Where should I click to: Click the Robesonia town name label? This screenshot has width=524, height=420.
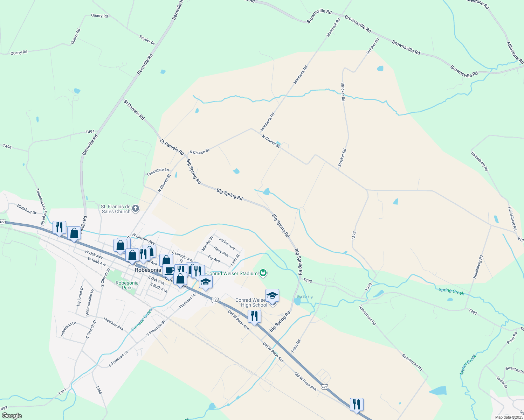[x=148, y=270]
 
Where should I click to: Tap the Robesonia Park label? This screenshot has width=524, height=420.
[x=127, y=285]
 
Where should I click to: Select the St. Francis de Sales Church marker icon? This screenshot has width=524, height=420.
[x=136, y=209]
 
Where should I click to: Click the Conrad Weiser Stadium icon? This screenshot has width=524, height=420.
[x=263, y=273]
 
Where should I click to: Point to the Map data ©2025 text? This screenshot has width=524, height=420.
[x=509, y=417]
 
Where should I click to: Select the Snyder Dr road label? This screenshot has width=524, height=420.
[x=147, y=40]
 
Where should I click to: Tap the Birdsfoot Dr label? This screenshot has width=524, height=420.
[x=27, y=209]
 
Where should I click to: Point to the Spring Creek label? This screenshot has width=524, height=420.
[x=451, y=292]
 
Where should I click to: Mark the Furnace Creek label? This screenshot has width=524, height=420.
[x=142, y=320]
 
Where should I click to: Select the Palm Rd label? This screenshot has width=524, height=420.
[x=296, y=346]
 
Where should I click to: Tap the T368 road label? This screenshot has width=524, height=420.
[x=99, y=390]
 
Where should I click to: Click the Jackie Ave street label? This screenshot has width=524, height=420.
[x=227, y=243]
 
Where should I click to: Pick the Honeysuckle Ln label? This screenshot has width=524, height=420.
[x=90, y=302]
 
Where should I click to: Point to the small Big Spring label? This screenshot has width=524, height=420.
[x=304, y=297]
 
